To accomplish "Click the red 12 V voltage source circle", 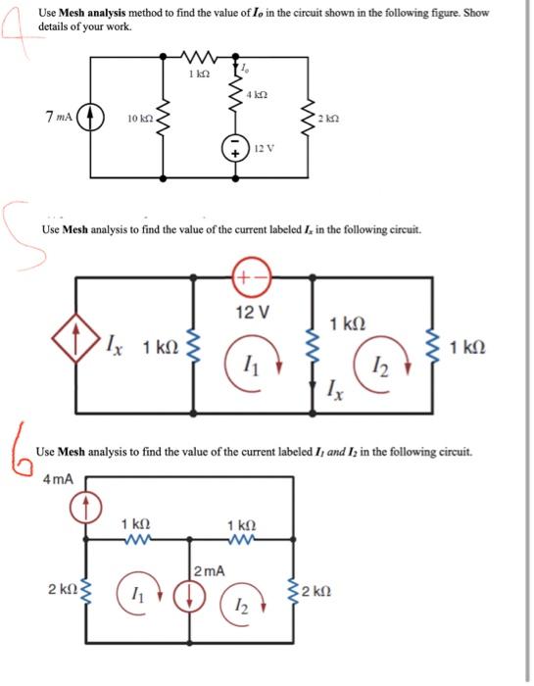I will pyautogui.click(x=251, y=278).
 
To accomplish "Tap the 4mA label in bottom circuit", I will pyautogui.click(x=58, y=479).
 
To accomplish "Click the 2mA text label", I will pyautogui.click(x=209, y=570).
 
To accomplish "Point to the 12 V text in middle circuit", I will pyautogui.click(x=252, y=313).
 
